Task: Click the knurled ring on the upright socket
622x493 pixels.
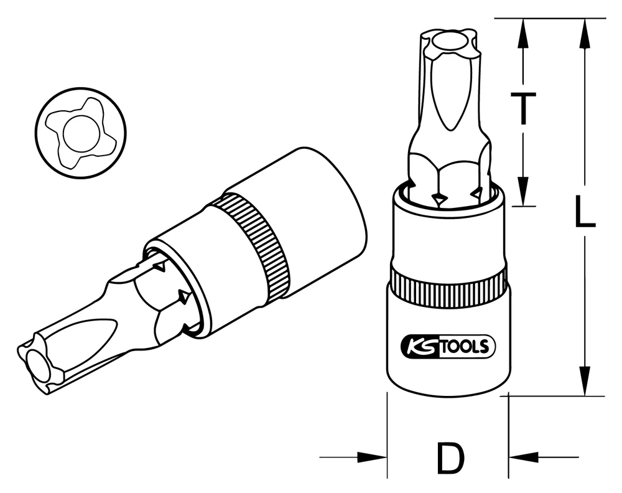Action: pyautogui.click(x=447, y=288)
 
